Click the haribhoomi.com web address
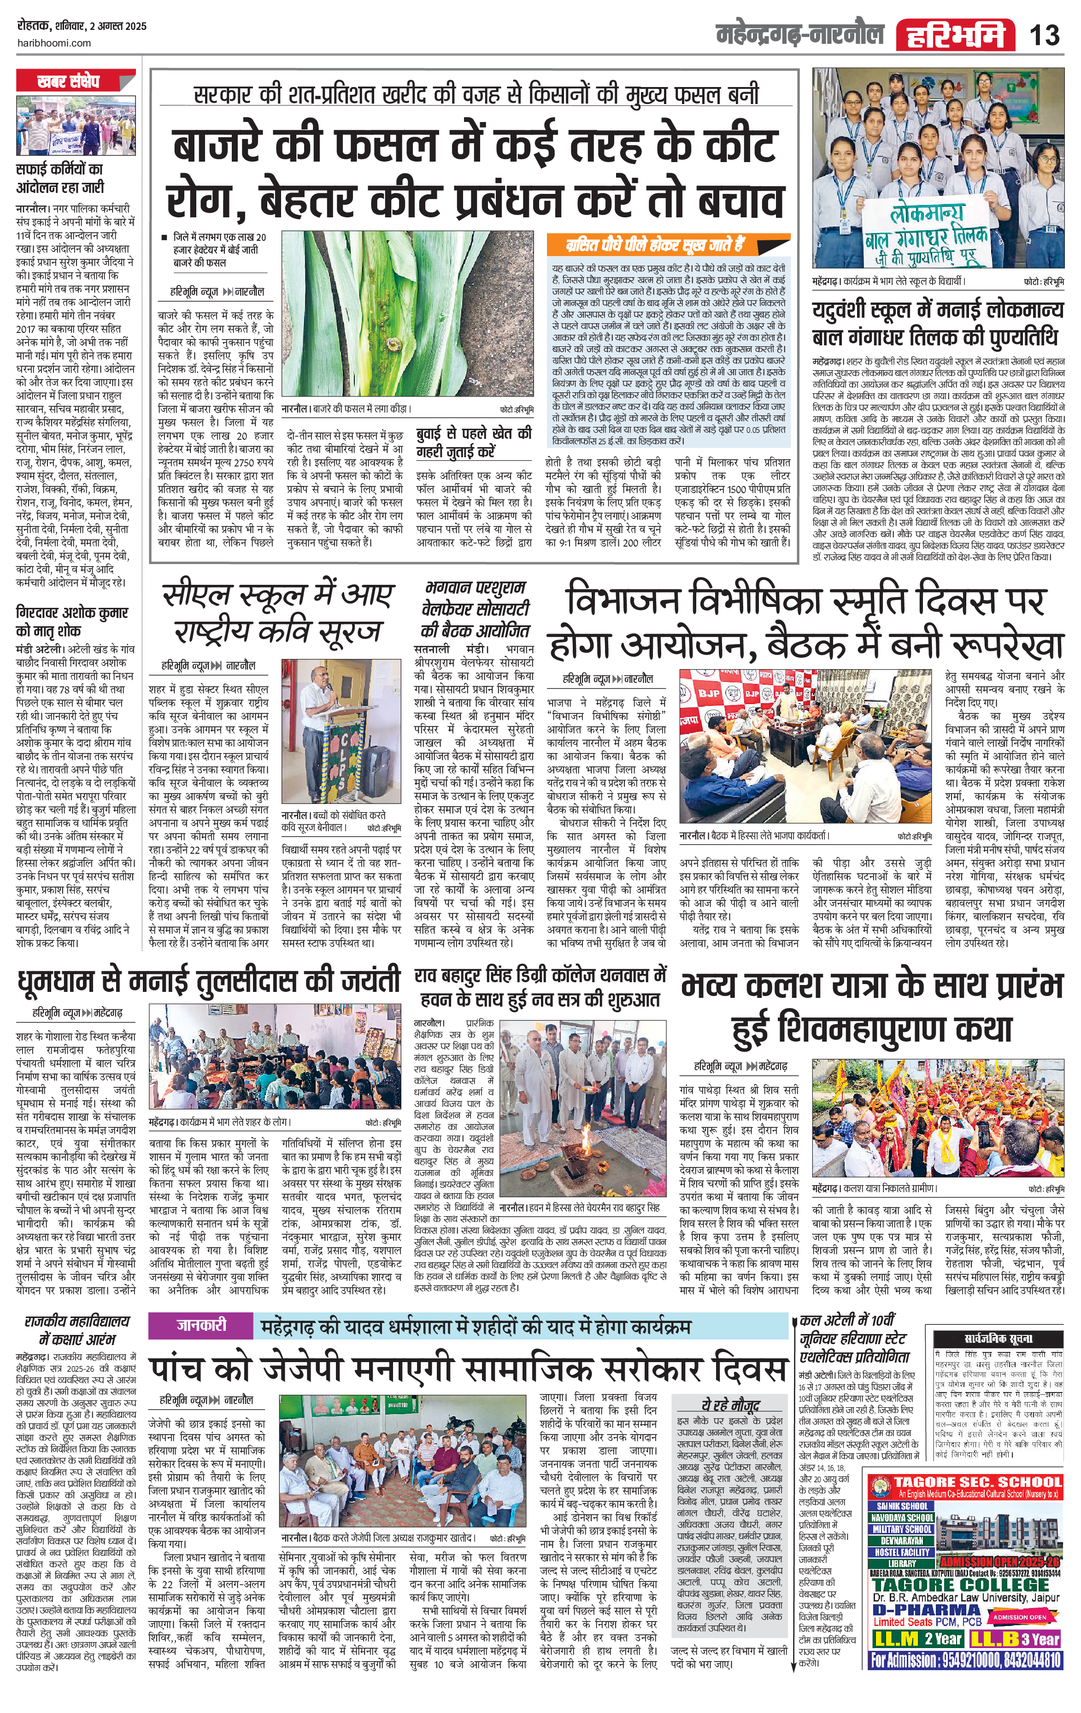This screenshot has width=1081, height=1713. (x=53, y=43)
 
